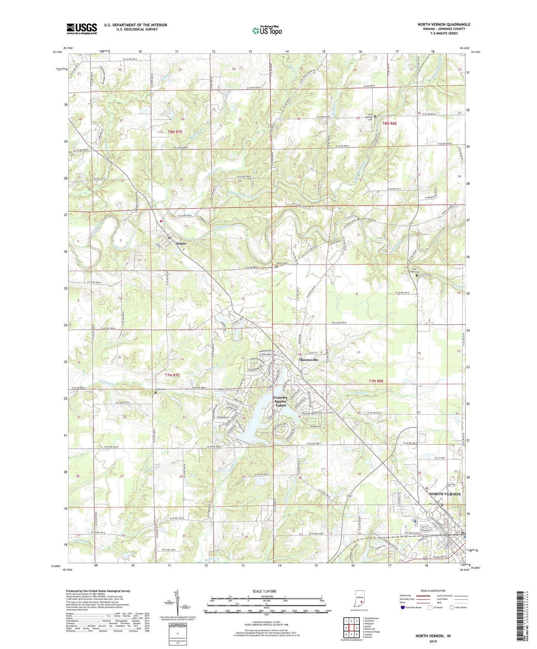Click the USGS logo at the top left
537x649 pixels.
click(81, 29)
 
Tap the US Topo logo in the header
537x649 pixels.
click(267, 30)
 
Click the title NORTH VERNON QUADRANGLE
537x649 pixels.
click(444, 25)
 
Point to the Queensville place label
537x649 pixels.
click(309, 360)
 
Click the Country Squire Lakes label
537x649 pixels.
click(280, 401)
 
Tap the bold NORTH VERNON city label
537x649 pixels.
click(445, 494)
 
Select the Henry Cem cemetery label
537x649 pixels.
click(282, 263)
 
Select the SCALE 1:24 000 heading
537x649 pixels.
click(264, 591)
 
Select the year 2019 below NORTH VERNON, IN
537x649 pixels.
click(433, 641)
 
